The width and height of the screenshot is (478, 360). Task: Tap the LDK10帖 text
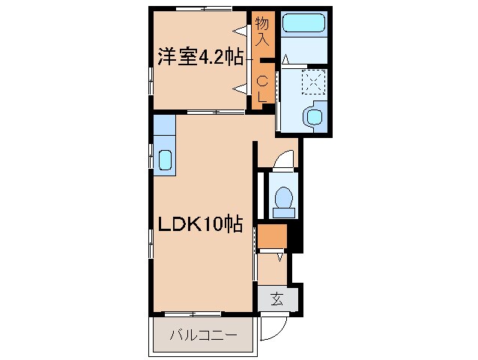(200, 223)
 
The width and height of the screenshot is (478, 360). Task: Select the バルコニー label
(202, 335)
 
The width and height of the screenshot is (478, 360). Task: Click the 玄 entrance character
(277, 299)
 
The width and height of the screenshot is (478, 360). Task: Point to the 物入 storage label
(261, 31)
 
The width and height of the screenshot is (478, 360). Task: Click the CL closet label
(262, 88)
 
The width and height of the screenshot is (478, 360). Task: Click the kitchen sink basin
(165, 160)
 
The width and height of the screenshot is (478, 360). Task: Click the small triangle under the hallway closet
(280, 257)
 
